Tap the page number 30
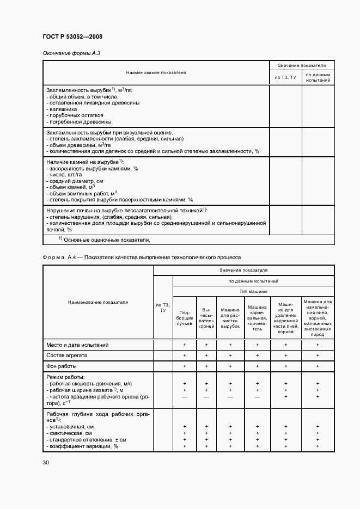click(45, 463)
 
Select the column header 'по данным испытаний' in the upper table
click(318, 77)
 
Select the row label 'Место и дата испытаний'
click(77, 345)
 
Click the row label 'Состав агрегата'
click(67, 355)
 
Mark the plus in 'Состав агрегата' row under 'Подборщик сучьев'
click(185, 355)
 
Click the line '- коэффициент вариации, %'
click(82, 446)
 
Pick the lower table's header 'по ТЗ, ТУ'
click(163, 308)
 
